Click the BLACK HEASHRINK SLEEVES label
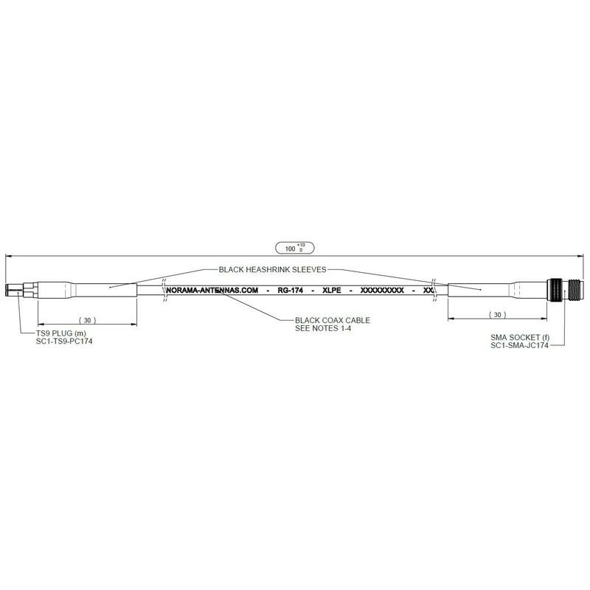[x=273, y=270]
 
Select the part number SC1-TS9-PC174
[x=69, y=341]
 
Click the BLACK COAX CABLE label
[x=332, y=319]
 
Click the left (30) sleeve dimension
[x=87, y=321]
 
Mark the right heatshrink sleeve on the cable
[x=483, y=289]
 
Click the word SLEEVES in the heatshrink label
[x=305, y=270]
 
